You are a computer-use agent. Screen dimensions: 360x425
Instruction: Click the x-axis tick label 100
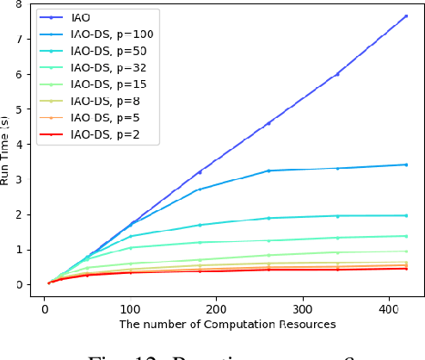point(130,306)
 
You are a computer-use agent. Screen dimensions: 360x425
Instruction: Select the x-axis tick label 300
point(302,306)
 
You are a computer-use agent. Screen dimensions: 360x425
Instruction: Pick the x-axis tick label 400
point(388,306)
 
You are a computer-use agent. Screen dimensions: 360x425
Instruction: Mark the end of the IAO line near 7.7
point(405,16)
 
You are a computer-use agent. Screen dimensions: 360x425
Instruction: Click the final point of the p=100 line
point(405,164)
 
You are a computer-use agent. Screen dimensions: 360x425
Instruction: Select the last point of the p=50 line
point(405,215)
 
